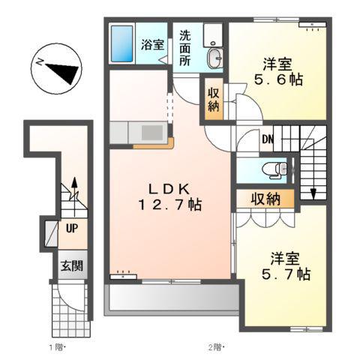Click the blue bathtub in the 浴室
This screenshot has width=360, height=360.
[x=121, y=43]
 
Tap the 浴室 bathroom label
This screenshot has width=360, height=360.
[x=152, y=44]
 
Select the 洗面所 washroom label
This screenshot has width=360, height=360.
[x=185, y=48]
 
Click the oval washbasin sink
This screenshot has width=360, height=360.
[x=214, y=58]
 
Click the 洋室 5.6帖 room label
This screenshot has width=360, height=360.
[x=278, y=72]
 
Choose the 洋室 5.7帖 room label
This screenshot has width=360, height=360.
[x=286, y=266]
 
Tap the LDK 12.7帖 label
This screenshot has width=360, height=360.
[x=170, y=197]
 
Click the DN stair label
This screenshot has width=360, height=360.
[x=268, y=139]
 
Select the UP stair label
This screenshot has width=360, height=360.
[x=72, y=228]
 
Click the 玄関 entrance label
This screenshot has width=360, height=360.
[x=72, y=265]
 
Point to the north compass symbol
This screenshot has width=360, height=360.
[x=56, y=69]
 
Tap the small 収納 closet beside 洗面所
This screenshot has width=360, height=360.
[x=214, y=100]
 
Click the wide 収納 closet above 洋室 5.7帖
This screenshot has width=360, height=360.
[x=265, y=199]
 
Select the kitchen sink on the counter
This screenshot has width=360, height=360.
[x=152, y=132]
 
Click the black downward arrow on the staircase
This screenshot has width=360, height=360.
[x=313, y=193]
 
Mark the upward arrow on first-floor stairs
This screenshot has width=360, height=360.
[x=74, y=197]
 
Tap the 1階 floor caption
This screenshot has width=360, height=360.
[x=57, y=347]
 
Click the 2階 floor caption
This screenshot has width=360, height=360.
[x=216, y=347]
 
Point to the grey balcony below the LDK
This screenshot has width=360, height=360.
[x=172, y=298]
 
